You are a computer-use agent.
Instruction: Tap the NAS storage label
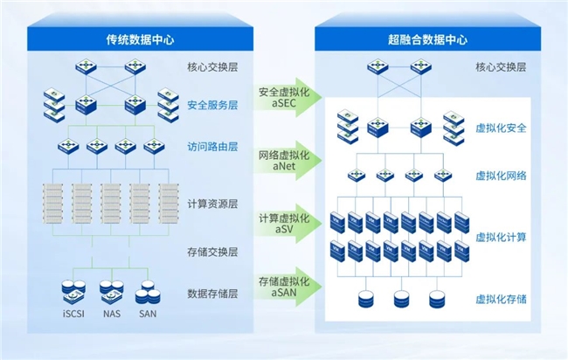110,314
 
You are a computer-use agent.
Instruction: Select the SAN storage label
148,314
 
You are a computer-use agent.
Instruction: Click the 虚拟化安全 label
501,128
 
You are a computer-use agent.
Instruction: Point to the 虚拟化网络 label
501,176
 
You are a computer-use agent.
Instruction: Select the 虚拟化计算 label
501,237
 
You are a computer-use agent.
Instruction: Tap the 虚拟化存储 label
501,300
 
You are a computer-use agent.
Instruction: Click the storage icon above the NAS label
111,291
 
